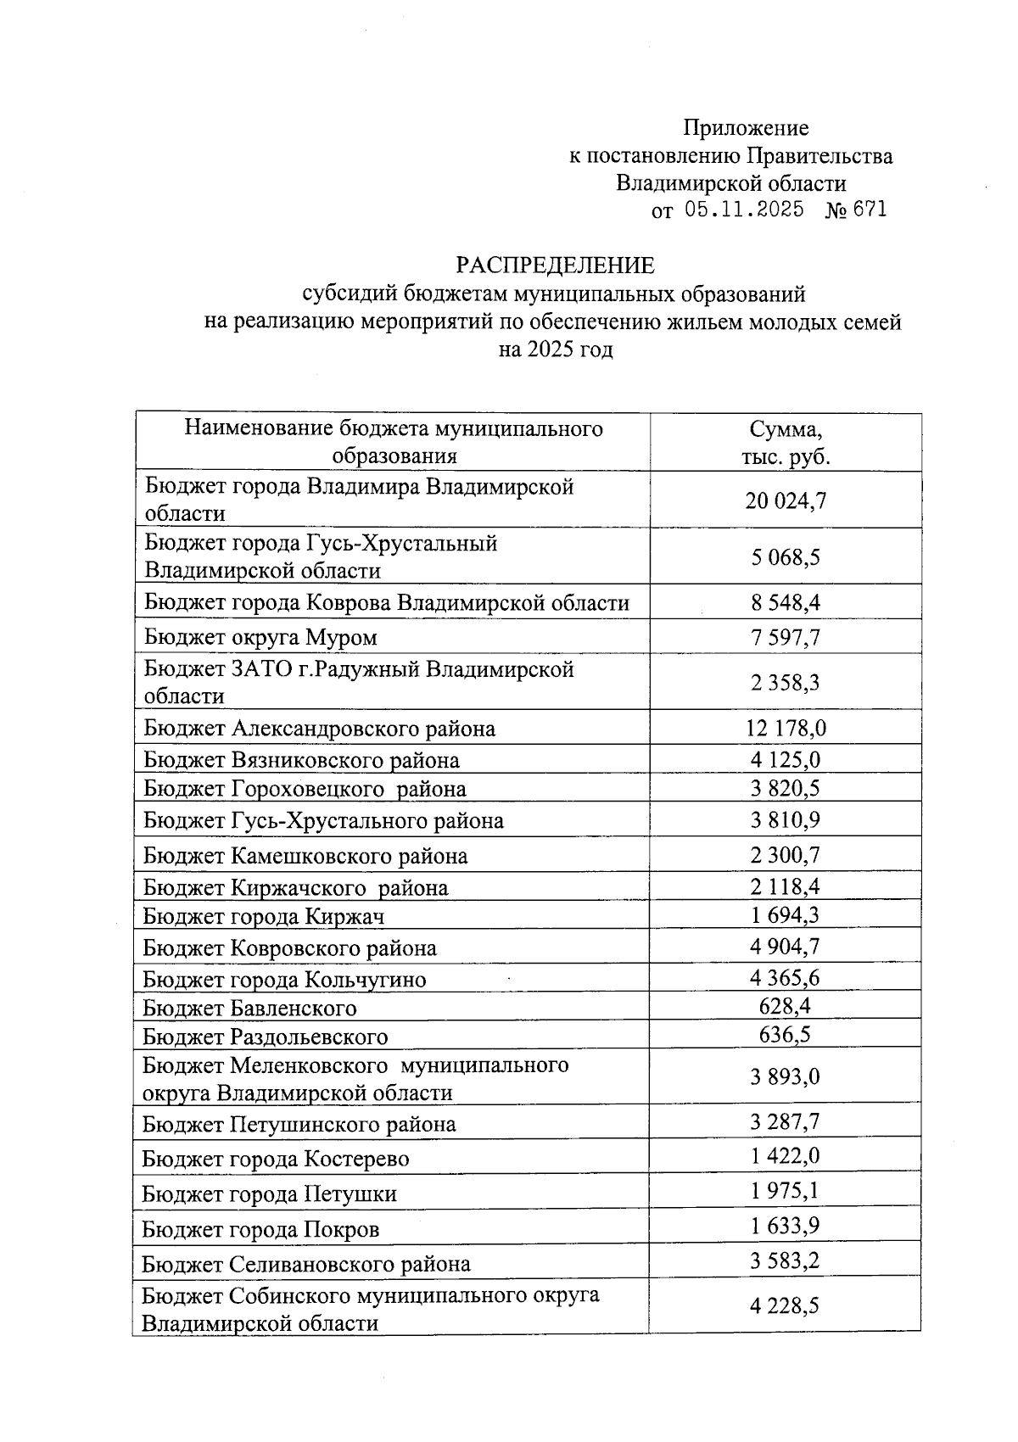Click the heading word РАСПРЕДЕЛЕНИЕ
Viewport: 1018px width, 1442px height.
pos(556,265)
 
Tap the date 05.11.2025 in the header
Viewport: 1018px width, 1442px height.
pos(744,210)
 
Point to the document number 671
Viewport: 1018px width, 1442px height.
pos(870,210)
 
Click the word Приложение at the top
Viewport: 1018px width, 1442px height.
pos(746,128)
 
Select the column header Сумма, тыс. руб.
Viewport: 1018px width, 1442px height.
pos(786,442)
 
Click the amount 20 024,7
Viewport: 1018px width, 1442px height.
pos(786,500)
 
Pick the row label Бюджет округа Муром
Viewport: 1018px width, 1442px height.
pos(260,637)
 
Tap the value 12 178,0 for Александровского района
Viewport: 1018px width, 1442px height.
pos(786,728)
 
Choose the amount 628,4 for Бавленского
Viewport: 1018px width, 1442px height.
pos(786,1007)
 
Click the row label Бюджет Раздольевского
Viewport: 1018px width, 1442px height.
pos(265,1037)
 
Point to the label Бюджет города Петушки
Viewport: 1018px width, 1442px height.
pos(269,1194)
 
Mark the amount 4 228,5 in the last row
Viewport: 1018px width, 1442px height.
pos(786,1305)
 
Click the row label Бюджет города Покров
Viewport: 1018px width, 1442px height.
pos(260,1229)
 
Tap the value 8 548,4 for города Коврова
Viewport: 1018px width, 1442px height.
pos(786,602)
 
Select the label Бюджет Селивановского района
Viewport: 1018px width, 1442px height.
pos(305,1264)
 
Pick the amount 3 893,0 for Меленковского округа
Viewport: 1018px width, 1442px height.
pos(786,1077)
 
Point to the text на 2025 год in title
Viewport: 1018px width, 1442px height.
pos(556,349)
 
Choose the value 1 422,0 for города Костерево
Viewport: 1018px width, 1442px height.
pos(786,1156)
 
